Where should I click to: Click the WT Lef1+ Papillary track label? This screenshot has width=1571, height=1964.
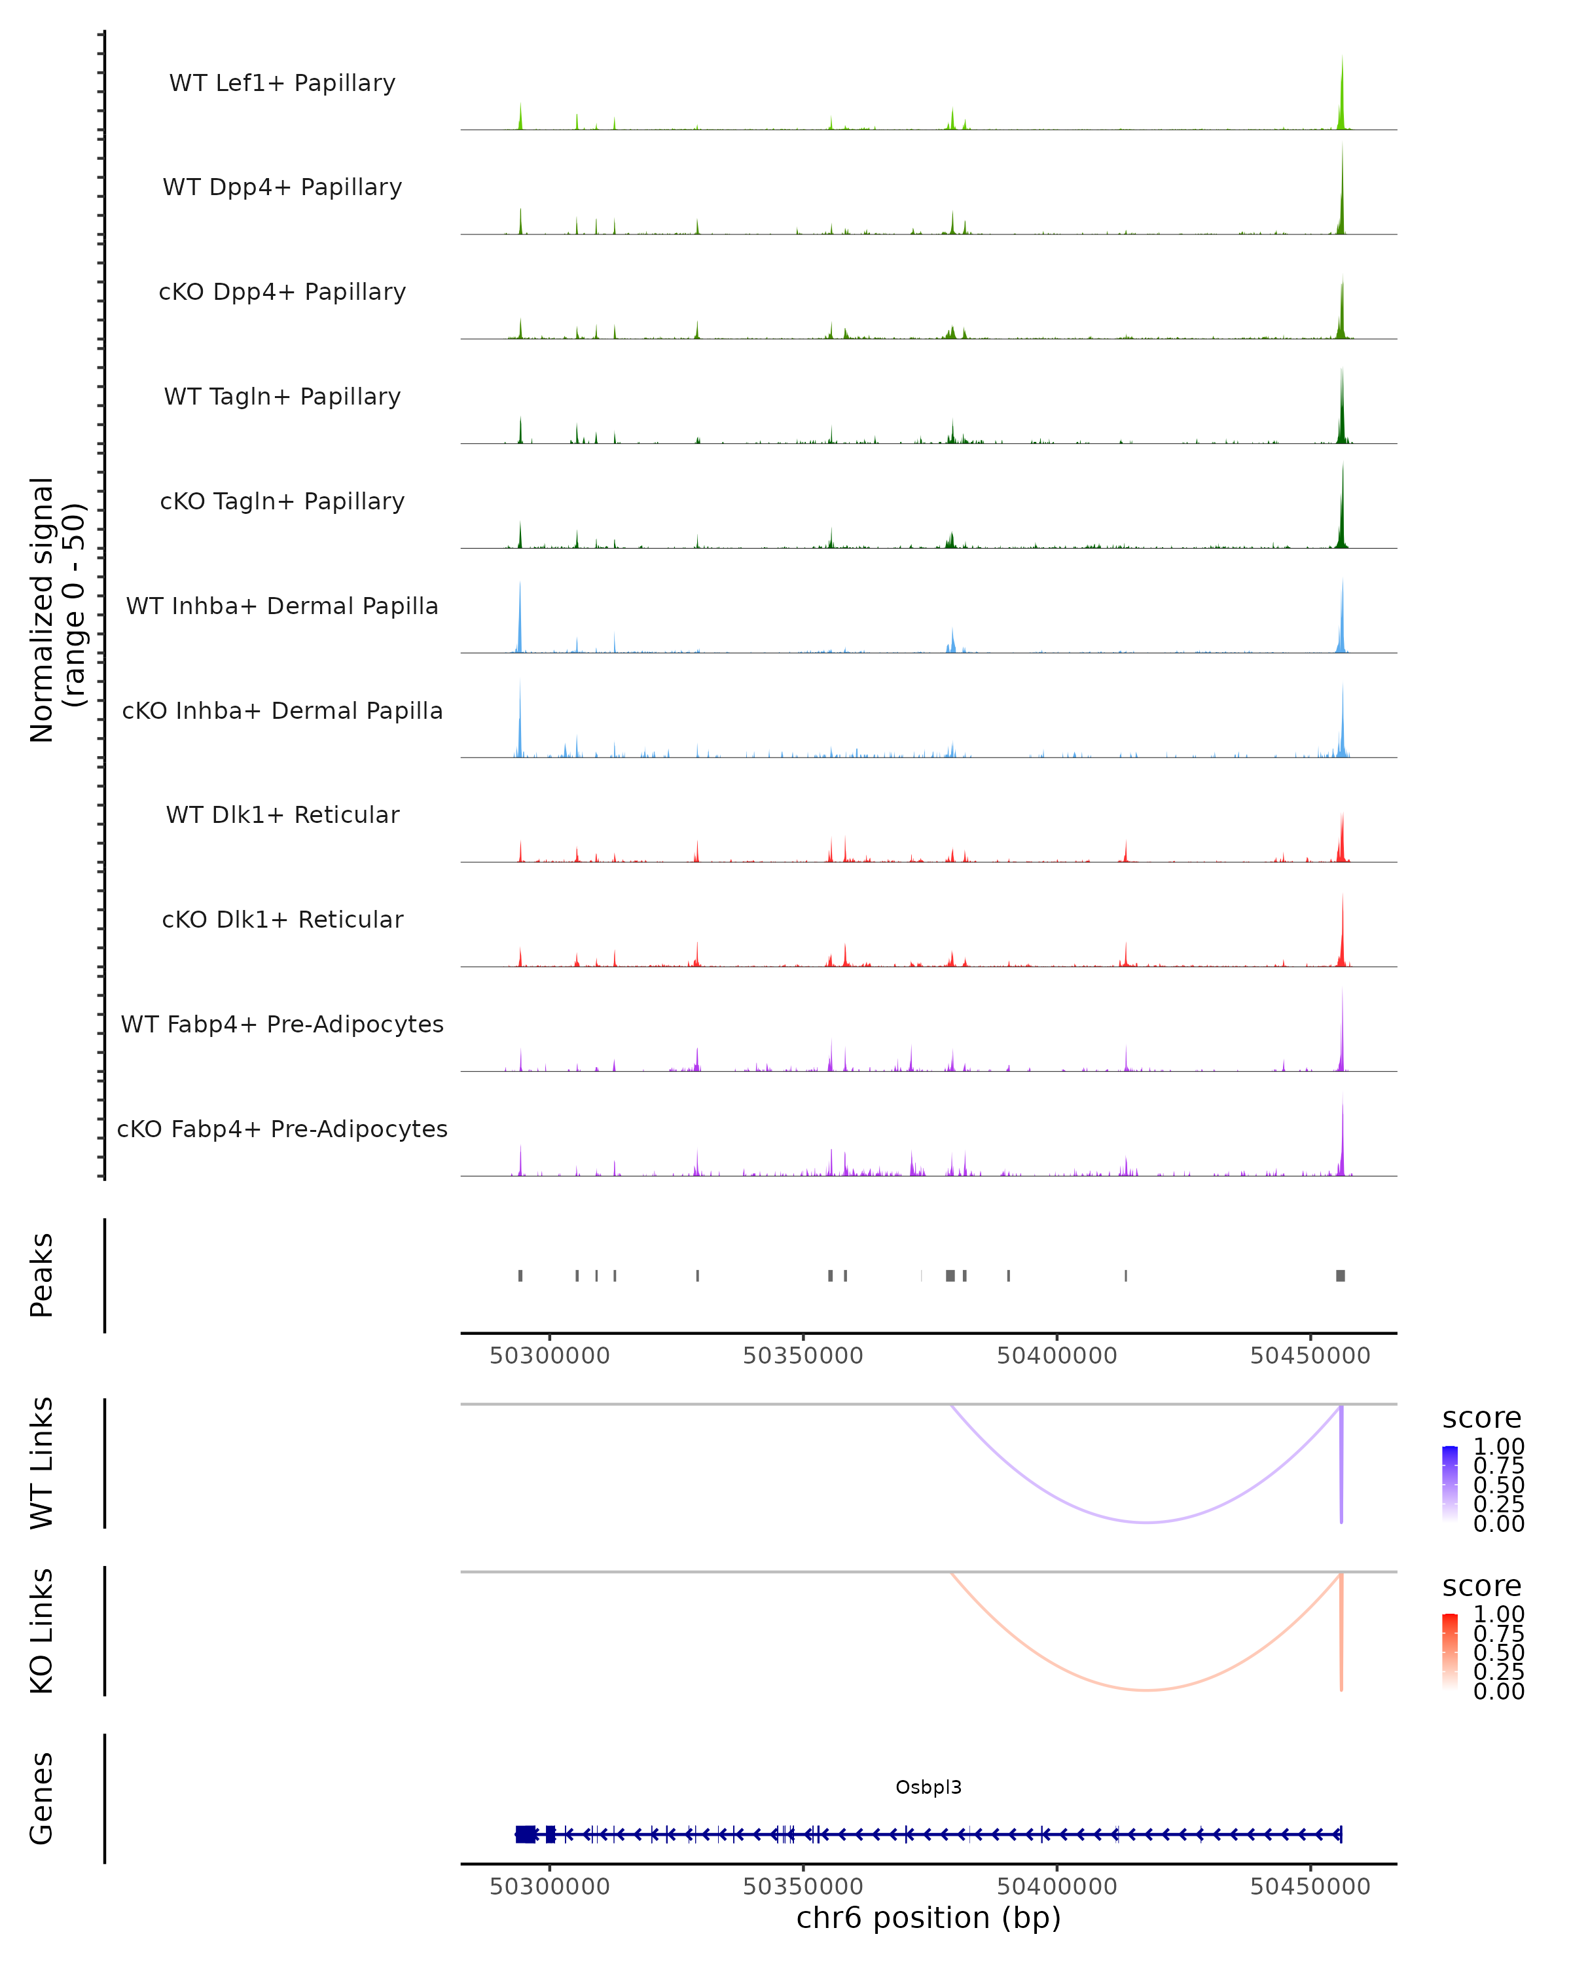pyautogui.click(x=282, y=83)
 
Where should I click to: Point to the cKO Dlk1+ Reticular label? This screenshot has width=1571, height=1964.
pyautogui.click(x=282, y=919)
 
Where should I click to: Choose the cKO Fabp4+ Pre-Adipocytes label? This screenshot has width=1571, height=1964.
pyautogui.click(x=282, y=1129)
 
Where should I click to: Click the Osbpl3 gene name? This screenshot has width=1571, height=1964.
pyautogui.click(x=928, y=1787)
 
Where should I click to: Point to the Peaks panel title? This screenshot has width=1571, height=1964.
pyautogui.click(x=42, y=1275)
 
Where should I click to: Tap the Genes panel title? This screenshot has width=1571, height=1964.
pyautogui.click(x=42, y=1798)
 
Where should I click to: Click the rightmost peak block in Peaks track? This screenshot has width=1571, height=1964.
pyautogui.click(x=1340, y=1275)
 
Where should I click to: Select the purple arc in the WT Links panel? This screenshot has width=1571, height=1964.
pyautogui.click(x=1147, y=1521)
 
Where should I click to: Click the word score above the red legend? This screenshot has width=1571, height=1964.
pyautogui.click(x=1481, y=1586)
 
